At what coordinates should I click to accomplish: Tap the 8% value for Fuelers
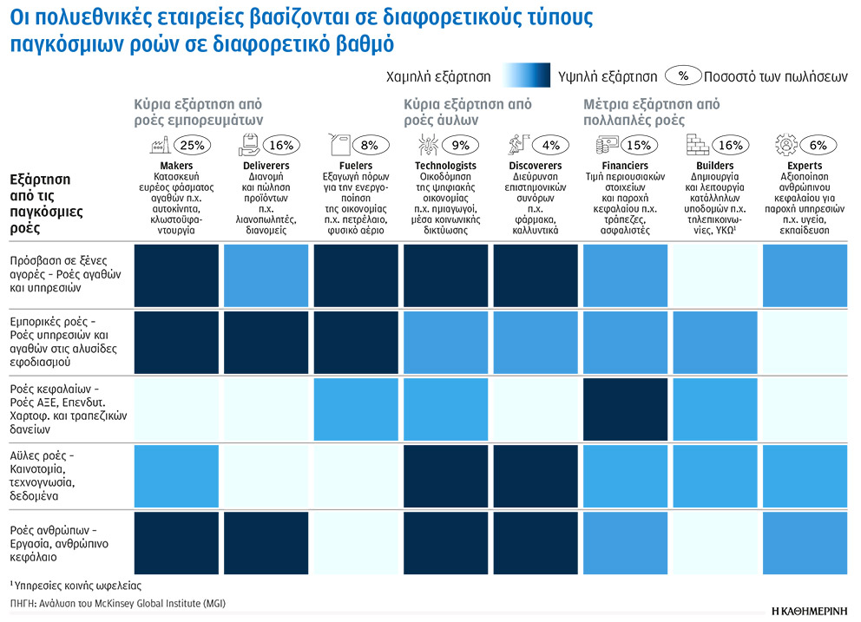coord(371,145)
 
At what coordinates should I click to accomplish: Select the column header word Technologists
coord(445,166)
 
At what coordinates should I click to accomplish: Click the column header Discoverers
coord(535,166)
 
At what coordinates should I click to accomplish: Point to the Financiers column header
coord(625,166)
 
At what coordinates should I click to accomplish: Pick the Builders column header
coord(715,166)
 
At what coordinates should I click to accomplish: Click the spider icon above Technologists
coord(426,142)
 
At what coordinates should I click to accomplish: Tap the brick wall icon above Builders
coord(697,142)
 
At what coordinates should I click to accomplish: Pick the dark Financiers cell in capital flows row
coord(625,409)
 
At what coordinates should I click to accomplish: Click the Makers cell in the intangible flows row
coord(177,475)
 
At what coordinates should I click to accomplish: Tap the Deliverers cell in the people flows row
coord(266,543)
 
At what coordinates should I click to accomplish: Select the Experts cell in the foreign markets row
coord(805,276)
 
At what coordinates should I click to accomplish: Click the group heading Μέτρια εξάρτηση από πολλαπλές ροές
coord(651,112)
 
